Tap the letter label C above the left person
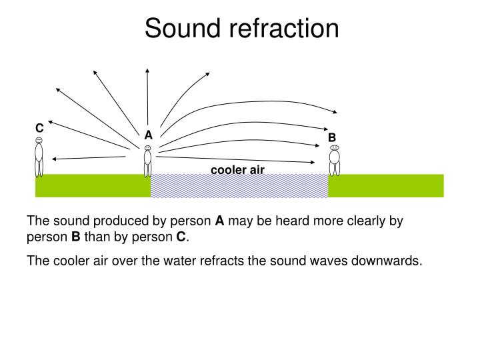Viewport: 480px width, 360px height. (x=39, y=127)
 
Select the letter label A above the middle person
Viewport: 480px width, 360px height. (x=148, y=135)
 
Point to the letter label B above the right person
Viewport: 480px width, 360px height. (x=331, y=138)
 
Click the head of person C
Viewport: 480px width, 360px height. (x=39, y=140)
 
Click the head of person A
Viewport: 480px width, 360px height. (x=147, y=148)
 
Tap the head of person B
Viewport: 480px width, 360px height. (x=334, y=147)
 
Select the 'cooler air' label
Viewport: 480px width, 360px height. (x=237, y=170)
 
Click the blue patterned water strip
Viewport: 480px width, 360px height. (x=239, y=186)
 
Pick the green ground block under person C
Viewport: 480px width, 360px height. (x=93, y=186)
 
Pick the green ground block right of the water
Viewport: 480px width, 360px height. (x=385, y=186)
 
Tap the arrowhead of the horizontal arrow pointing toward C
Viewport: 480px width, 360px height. (x=54, y=159)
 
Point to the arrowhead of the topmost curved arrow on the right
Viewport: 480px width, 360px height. (x=335, y=111)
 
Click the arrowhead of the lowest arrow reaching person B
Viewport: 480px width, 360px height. (x=313, y=161)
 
